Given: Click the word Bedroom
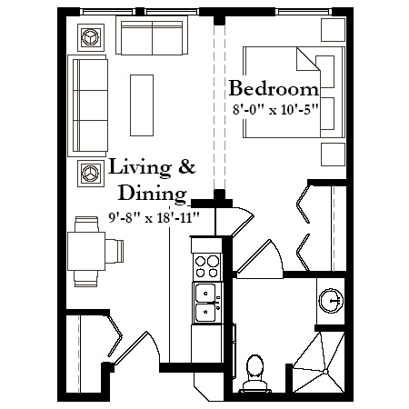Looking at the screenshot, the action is (274, 88).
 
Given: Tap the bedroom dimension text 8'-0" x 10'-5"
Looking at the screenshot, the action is (274, 109).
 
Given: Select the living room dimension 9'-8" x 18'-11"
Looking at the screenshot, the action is (154, 217).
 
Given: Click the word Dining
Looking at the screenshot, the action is (152, 194).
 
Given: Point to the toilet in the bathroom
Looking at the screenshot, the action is (254, 374).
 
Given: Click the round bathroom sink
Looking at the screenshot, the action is (332, 300).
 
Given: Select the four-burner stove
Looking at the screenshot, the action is (207, 266).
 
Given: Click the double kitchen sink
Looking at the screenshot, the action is (207, 303).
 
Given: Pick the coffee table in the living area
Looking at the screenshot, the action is (142, 105).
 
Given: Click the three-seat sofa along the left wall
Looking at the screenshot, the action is (88, 105).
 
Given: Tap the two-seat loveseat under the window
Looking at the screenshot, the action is (152, 35).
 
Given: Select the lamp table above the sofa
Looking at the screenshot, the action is (91, 37).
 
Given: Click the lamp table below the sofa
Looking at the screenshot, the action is (91, 174).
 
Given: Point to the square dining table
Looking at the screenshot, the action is (86, 251).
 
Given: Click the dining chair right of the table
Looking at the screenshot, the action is (115, 251).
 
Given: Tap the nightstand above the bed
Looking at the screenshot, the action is (333, 30).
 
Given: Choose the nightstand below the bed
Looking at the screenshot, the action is (333, 155).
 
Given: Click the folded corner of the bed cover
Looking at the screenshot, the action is (307, 60).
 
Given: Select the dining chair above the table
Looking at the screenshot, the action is (86, 224).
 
